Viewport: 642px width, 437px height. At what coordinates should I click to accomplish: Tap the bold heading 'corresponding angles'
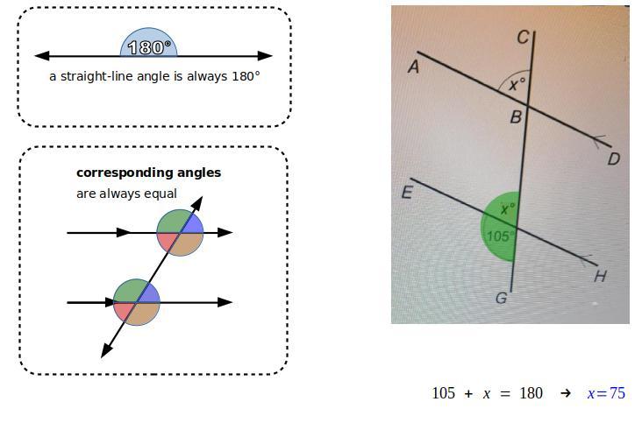point(148,173)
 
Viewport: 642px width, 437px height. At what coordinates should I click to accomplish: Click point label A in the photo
point(413,67)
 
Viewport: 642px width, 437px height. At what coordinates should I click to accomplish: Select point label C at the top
point(523,37)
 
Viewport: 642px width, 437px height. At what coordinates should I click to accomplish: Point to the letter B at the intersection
point(517,116)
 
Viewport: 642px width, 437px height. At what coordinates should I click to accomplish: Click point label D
point(614,159)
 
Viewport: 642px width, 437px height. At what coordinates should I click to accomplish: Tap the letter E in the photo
point(407,193)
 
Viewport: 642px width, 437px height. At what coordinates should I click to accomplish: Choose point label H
point(600,277)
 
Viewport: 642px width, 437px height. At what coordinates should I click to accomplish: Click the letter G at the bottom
point(501,299)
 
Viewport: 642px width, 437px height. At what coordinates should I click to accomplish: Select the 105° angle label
point(499,236)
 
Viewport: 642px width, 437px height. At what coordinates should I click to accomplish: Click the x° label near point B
point(517,84)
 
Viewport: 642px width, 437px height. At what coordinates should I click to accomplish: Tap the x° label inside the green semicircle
point(507,209)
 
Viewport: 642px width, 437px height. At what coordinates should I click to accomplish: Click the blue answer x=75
point(606,393)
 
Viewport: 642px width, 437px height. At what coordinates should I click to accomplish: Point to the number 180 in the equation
point(531,393)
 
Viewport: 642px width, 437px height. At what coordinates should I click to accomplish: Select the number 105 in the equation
point(443,393)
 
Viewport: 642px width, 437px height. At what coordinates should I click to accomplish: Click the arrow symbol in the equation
point(566,393)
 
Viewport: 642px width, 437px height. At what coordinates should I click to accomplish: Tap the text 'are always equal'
point(126,194)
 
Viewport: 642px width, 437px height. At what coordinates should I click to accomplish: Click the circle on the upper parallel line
point(180,233)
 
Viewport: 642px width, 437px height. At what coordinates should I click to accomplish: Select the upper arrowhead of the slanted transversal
point(198,203)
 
